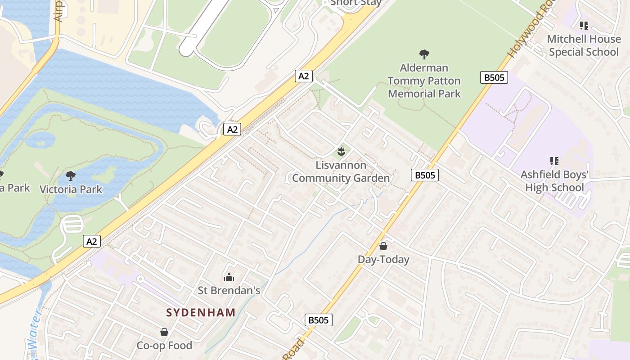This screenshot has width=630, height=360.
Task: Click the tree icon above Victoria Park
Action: click(x=70, y=175)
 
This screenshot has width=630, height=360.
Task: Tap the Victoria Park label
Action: click(x=71, y=189)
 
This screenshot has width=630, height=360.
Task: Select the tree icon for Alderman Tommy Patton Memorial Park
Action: click(x=424, y=54)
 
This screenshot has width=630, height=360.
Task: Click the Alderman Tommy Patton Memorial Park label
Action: click(x=424, y=81)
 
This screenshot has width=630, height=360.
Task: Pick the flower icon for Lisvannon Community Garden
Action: click(x=341, y=152)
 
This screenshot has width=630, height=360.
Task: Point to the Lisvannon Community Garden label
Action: click(x=341, y=171)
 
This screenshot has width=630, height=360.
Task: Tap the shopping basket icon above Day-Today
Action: click(x=383, y=246)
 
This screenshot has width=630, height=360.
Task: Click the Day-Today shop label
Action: click(x=383, y=259)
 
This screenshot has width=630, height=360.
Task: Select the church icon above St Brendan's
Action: click(x=229, y=277)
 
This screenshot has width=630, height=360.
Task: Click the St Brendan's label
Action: click(x=229, y=291)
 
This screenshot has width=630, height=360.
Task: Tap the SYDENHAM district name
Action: click(x=201, y=312)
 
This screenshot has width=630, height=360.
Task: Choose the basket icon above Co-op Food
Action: click(x=164, y=332)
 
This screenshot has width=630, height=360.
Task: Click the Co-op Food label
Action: click(x=164, y=346)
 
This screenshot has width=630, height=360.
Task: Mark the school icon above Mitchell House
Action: click(x=584, y=26)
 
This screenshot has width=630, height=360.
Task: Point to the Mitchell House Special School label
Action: click(x=584, y=45)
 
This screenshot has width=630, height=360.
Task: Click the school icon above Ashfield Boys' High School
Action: click(x=554, y=161)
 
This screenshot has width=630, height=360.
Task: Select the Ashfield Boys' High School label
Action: click(x=554, y=181)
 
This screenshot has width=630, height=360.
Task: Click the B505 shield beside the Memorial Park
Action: click(x=494, y=77)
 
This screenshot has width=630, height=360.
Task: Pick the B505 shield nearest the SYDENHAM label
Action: click(x=319, y=320)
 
